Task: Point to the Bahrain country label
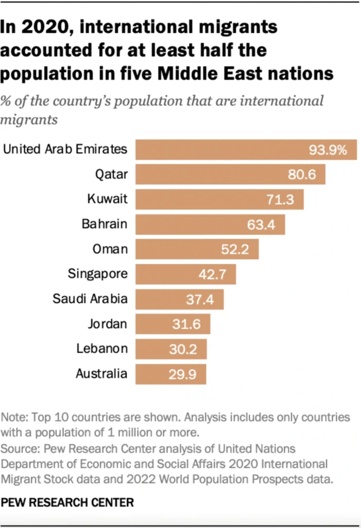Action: pyautogui.click(x=104, y=224)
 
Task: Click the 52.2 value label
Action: pyautogui.click(x=235, y=250)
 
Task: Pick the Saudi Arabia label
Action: pyautogui.click(x=90, y=299)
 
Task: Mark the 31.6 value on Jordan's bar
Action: pyautogui.click(x=190, y=324)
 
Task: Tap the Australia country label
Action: pyautogui.click(x=101, y=373)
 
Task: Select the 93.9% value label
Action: pyautogui.click(x=329, y=150)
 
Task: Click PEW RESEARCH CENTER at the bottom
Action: pyautogui.click(x=67, y=502)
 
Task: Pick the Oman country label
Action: pyautogui.click(x=110, y=249)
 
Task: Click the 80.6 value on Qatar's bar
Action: pyautogui.click(x=302, y=175)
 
